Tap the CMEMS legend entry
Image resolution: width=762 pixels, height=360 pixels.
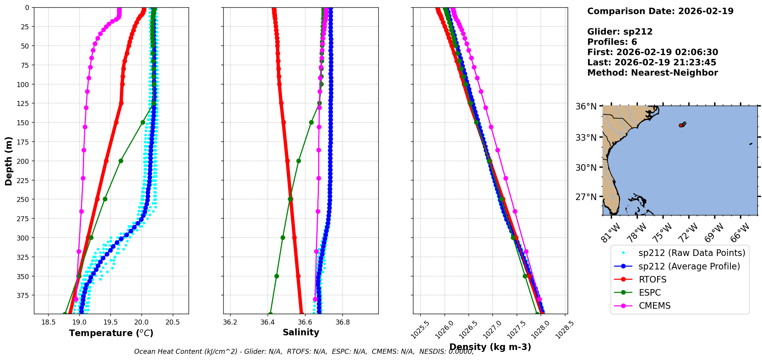pyautogui.click(x=654, y=306)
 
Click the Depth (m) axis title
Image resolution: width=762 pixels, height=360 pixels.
pyautogui.click(x=8, y=161)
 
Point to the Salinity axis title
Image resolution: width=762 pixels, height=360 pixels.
pyautogui.click(x=301, y=332)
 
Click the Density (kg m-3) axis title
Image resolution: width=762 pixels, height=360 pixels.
pyautogui.click(x=490, y=347)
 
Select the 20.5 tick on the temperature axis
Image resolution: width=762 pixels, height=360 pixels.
pyautogui.click(x=172, y=322)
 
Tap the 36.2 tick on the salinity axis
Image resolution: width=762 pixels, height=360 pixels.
pyautogui.click(x=230, y=322)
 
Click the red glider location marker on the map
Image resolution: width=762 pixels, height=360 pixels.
pyautogui.click(x=681, y=125)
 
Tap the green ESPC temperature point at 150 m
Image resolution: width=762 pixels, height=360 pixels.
pyautogui.click(x=143, y=122)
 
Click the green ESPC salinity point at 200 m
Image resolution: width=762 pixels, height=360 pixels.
pyautogui.click(x=298, y=161)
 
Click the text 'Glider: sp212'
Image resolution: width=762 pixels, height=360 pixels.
pyautogui.click(x=620, y=32)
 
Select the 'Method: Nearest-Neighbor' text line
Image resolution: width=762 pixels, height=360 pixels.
pyautogui.click(x=652, y=73)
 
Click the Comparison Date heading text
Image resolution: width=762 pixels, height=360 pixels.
pyautogui.click(x=660, y=11)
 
